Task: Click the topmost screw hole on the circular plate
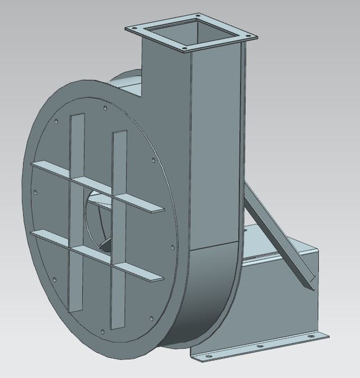coord(105,108)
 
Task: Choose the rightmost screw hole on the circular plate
coord(172,247)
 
